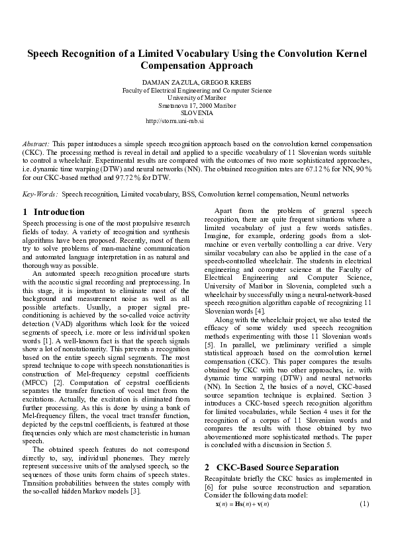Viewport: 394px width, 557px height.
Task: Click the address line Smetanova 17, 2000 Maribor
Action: (x=197, y=105)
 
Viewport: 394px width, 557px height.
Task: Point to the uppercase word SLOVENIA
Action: (x=197, y=112)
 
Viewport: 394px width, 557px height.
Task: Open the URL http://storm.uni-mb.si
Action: (x=174, y=121)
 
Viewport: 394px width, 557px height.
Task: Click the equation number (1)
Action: (x=364, y=504)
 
